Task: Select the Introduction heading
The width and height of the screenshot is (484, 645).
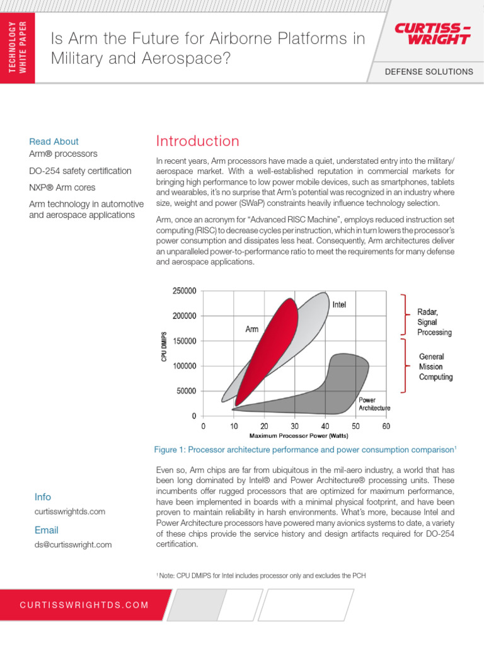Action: tap(197, 141)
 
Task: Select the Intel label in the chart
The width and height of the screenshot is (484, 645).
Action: tap(339, 304)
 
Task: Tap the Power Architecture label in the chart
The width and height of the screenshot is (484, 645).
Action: tap(374, 404)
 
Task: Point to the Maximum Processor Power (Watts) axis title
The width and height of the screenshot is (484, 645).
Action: tap(294, 436)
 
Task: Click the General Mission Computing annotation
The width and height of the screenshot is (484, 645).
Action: tap(435, 367)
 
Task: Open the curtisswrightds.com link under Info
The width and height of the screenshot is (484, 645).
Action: tap(70, 512)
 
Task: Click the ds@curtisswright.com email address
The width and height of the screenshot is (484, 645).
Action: tap(73, 545)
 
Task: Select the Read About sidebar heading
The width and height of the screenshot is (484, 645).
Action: tap(54, 142)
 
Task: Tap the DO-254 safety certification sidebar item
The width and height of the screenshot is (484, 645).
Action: tap(80, 171)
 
